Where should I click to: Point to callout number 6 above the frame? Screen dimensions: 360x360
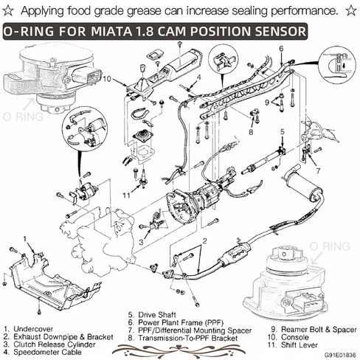pyautogui.click(x=280, y=49)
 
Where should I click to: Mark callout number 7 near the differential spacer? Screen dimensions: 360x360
pyautogui.click(x=318, y=171)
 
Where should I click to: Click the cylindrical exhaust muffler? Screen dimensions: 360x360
pyautogui.click(x=302, y=182)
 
